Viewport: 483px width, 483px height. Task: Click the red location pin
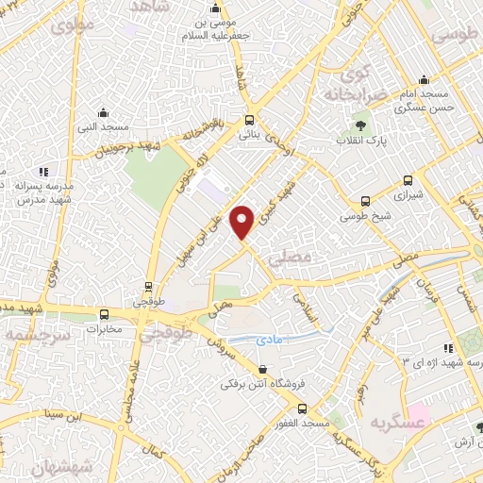tap(243, 222)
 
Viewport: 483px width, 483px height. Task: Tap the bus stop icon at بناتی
tap(249, 120)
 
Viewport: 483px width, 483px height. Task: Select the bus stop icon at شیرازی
tap(408, 180)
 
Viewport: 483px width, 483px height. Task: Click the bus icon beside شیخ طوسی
tap(367, 200)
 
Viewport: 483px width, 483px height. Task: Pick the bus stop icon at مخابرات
tap(104, 315)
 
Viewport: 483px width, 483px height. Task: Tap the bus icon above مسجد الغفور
tap(302, 409)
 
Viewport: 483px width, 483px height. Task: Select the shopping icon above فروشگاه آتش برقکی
tap(261, 369)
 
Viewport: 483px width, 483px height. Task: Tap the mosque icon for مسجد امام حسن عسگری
tap(425, 78)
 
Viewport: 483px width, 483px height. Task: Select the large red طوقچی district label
tap(166, 334)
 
